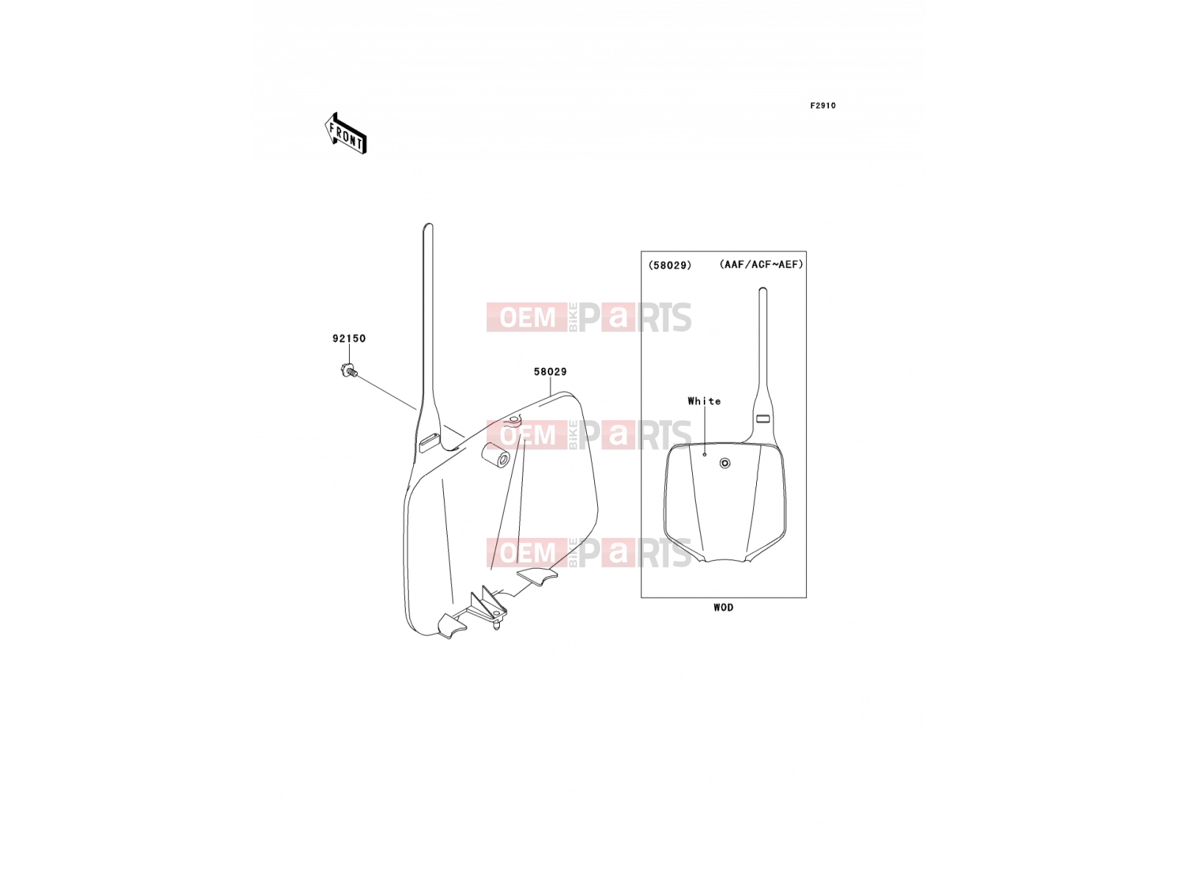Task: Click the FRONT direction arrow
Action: pos(345,133)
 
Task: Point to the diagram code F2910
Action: pos(822,106)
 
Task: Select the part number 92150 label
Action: pos(349,338)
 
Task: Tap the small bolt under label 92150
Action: pos(350,370)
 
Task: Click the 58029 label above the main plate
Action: pos(550,372)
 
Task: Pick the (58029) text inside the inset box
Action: pos(670,265)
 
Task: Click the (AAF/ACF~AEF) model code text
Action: pos(761,264)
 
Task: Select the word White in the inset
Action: pos(704,401)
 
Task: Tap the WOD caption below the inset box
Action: pos(724,608)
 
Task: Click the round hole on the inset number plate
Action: pos(725,464)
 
